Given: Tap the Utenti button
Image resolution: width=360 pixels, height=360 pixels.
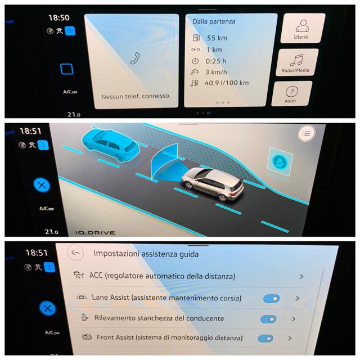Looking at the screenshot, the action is pyautogui.click(x=303, y=28).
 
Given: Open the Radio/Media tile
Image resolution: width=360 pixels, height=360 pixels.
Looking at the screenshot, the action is pyautogui.click(x=297, y=62).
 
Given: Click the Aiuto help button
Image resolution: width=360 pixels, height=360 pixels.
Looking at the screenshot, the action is pyautogui.click(x=291, y=94).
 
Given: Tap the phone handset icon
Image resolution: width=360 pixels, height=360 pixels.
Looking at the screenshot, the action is pyautogui.click(x=135, y=58).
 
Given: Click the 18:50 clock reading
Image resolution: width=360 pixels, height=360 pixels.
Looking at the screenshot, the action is pyautogui.click(x=59, y=17).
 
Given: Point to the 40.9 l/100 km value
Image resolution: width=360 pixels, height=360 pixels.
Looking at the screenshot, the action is pyautogui.click(x=227, y=83).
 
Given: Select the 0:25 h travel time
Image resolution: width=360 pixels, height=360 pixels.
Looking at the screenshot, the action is pyautogui.click(x=216, y=61).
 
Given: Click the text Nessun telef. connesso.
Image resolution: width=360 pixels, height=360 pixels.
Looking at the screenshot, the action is pyautogui.click(x=136, y=96).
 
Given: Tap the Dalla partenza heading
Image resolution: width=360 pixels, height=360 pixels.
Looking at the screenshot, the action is pyautogui.click(x=214, y=21).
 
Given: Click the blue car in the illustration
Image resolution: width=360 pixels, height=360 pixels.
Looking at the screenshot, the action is pyautogui.click(x=111, y=145).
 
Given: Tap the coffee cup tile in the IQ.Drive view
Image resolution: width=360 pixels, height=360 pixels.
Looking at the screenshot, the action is pyautogui.click(x=280, y=161).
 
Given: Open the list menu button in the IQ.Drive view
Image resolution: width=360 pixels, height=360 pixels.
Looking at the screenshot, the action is pyautogui.click(x=307, y=133).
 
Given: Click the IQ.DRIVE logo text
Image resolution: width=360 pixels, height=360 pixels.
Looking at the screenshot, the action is pyautogui.click(x=95, y=233).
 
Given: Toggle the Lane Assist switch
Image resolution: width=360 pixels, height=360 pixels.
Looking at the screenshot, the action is pyautogui.click(x=272, y=299).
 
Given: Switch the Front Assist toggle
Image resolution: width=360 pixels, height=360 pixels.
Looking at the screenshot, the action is pyautogui.click(x=265, y=339).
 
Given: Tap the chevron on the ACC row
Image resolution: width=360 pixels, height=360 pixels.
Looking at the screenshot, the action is pyautogui.click(x=301, y=277).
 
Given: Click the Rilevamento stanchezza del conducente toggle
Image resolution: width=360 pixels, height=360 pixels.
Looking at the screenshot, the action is pyautogui.click(x=268, y=319).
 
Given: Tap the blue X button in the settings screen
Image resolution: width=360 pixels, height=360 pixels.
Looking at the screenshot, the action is pyautogui.click(x=47, y=308).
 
